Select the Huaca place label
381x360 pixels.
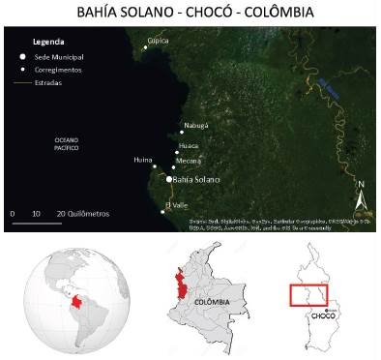pyautogui.click(x=189, y=146)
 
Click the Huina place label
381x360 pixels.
pyautogui.click(x=143, y=162)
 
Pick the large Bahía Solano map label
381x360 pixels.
pyautogui.click(x=197, y=180)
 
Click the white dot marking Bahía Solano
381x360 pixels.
pyautogui.click(x=169, y=179)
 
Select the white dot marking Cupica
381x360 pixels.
pyautogui.click(x=147, y=45)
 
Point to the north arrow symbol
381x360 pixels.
pyautogui.click(x=360, y=198)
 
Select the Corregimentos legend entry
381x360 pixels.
pyautogui.click(x=58, y=71)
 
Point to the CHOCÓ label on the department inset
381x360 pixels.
pyautogui.click(x=324, y=315)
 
